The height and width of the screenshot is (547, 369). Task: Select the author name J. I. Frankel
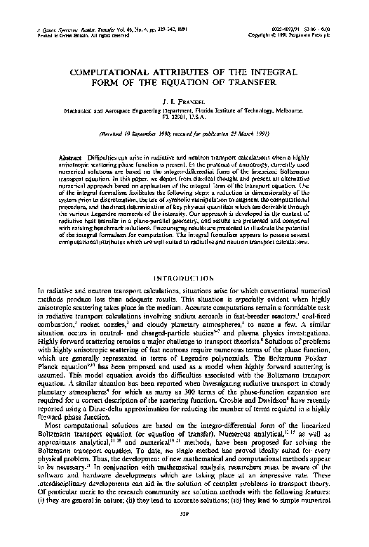click(184, 103)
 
